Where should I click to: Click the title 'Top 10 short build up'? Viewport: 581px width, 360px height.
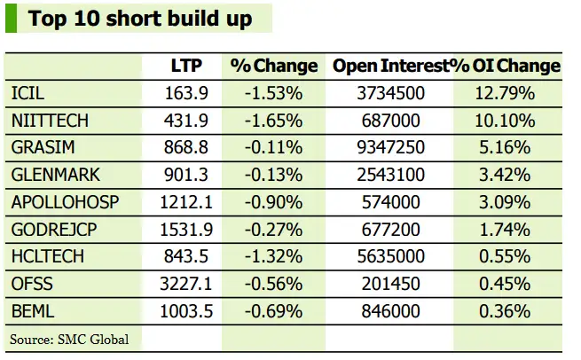[139, 18]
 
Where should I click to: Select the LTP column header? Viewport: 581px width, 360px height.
[186, 66]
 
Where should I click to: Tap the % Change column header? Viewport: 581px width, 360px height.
[273, 66]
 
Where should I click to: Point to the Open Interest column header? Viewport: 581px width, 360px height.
[389, 66]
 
